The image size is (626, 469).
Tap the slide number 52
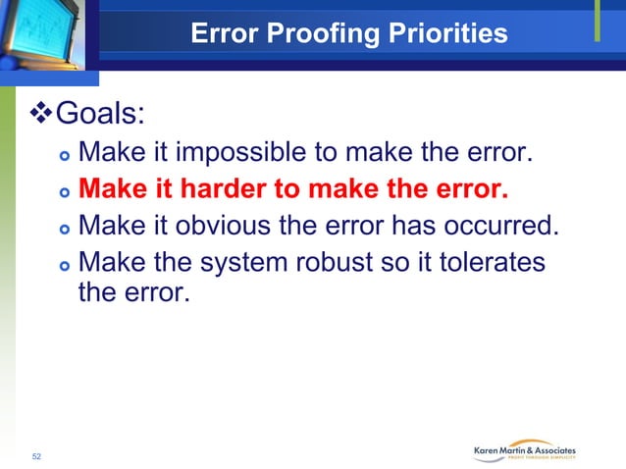click(37, 456)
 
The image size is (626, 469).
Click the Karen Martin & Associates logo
click(525, 450)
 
